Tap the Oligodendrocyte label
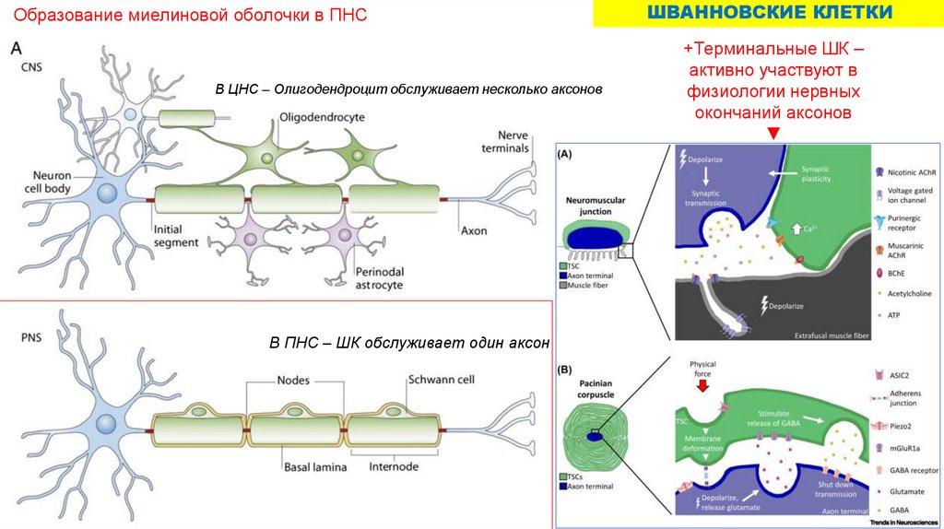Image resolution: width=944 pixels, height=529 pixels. tap(323, 117)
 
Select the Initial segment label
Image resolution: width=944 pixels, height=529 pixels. tap(175, 236)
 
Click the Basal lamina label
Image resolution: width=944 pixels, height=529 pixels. tap(315, 467)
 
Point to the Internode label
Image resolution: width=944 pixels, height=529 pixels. tap(394, 467)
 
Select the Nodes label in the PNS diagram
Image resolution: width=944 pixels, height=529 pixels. tap(293, 380)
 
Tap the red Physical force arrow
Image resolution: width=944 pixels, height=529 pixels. tap(703, 385)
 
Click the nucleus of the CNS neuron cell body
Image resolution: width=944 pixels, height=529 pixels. tap(108, 194)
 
